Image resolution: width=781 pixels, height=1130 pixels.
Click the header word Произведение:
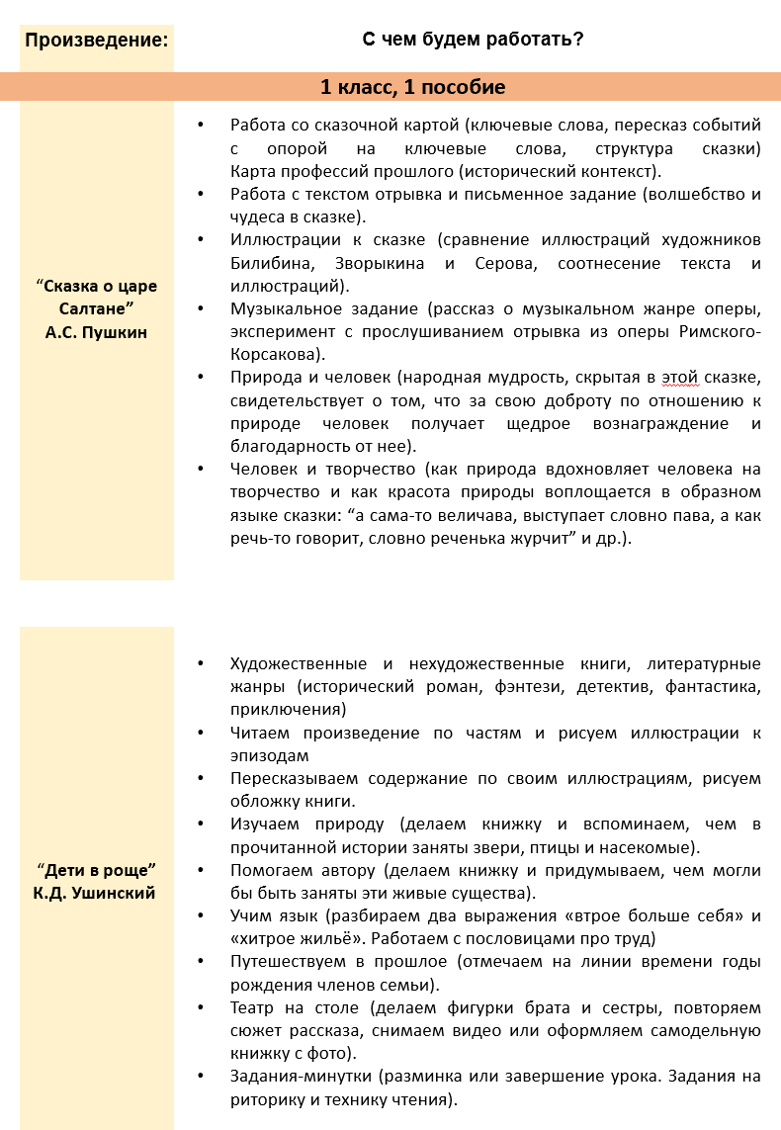coord(96,41)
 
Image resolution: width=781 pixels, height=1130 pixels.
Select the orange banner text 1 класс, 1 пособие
coord(412,87)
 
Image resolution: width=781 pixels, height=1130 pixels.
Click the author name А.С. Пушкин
coord(96,332)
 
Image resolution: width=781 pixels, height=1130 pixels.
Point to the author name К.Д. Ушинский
coord(96,894)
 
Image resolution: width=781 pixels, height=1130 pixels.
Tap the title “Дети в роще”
coord(96,870)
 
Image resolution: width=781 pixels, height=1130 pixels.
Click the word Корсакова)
coord(277,354)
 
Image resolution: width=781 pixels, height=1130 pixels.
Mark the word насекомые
coord(651,847)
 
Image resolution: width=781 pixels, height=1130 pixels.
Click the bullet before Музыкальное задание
coord(204,308)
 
